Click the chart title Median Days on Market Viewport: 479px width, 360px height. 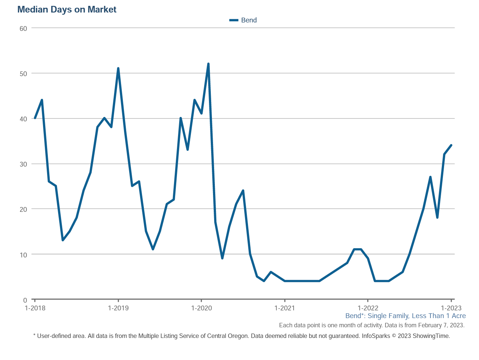point(67,10)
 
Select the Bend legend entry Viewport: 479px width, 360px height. point(243,20)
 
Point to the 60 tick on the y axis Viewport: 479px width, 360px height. point(23,29)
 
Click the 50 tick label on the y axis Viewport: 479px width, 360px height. point(23,74)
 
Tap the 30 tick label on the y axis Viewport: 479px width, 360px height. point(23,164)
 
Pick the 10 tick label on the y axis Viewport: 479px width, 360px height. point(23,255)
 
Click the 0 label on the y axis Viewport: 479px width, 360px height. point(25,300)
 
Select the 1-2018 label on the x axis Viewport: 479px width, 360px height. point(35,308)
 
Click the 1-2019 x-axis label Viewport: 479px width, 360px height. point(118,308)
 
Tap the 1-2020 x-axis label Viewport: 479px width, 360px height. point(201,308)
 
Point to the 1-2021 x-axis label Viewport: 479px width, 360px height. point(284,308)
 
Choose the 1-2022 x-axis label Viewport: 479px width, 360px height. point(368,308)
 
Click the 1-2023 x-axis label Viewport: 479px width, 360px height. point(451,308)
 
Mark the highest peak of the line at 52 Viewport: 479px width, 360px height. point(208,64)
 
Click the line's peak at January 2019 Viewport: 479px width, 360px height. point(118,68)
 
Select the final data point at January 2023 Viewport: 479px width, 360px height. point(451,145)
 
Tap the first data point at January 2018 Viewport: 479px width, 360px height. point(35,118)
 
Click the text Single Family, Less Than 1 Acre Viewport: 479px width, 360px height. point(416,316)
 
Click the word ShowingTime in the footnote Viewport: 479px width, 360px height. point(431,336)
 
